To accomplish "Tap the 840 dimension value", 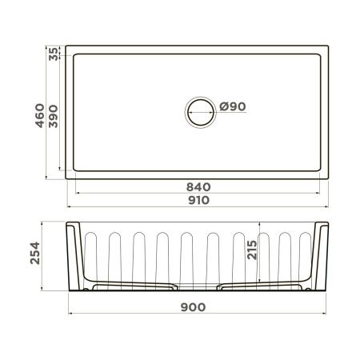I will pyautogui.click(x=199, y=186).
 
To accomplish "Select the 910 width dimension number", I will pyautogui.click(x=198, y=200).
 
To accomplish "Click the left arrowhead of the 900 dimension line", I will pyautogui.click(x=70, y=314).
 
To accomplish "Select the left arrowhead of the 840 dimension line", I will pyautogui.click(x=78, y=193).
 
